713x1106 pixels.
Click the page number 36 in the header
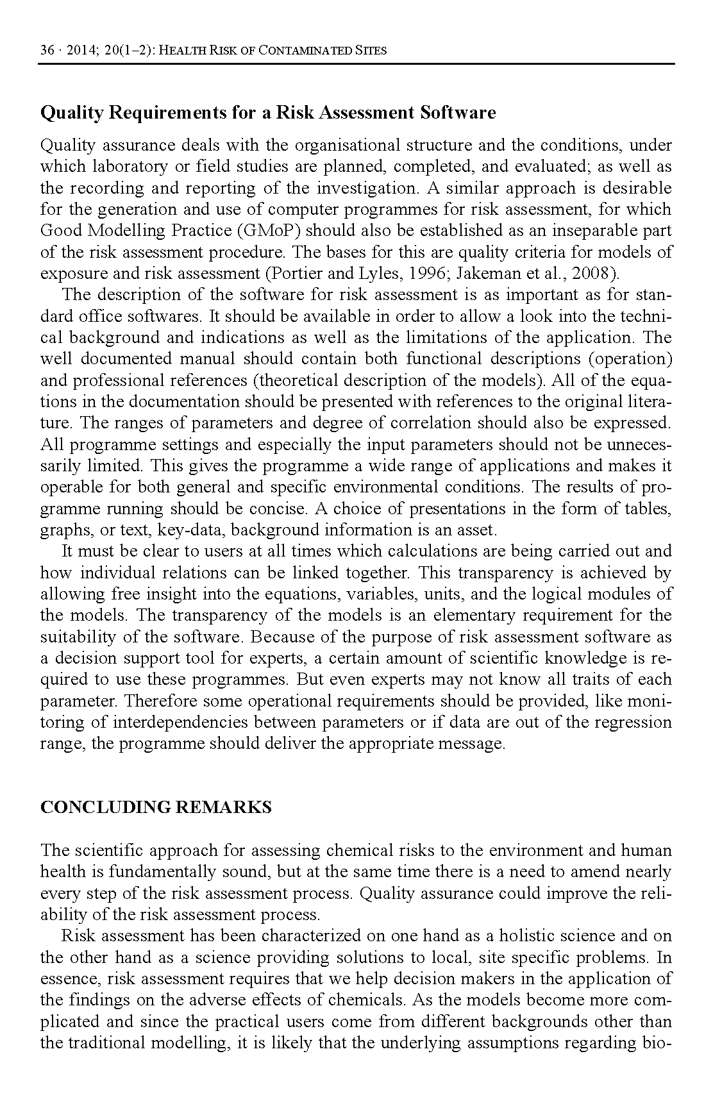47,51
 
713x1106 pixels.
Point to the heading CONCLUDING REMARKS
156,807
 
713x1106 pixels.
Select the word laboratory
124,167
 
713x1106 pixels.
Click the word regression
632,723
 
